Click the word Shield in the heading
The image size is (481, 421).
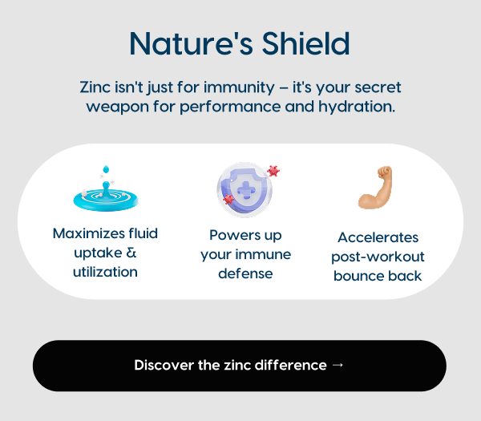306,43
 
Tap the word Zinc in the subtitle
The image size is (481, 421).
95,87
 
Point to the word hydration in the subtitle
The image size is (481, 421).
357,107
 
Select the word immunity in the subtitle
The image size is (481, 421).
239,88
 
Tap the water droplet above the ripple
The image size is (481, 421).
106,169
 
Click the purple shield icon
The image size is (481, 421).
245,189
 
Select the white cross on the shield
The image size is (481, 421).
246,190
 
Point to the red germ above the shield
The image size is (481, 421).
273,171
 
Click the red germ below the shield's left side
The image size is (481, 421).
228,199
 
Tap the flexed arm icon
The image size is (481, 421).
375,188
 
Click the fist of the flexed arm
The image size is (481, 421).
385,172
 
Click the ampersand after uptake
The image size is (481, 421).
131,253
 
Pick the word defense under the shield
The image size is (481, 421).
245,273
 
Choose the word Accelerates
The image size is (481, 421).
378,237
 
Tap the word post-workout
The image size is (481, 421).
378,257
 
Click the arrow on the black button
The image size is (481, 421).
338,365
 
